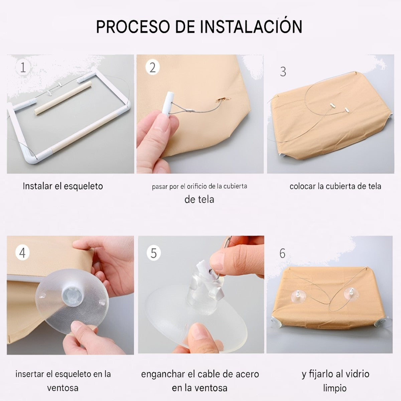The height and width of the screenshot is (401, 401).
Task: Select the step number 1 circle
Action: click(x=23, y=67)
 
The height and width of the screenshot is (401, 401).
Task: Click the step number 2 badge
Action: click(x=152, y=68)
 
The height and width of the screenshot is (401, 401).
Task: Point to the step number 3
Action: click(x=283, y=72)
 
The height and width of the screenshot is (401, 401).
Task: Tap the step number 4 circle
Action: click(x=22, y=253)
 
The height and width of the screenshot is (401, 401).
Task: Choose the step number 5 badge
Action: click(x=154, y=253)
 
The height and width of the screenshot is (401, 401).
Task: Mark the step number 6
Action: click(x=282, y=253)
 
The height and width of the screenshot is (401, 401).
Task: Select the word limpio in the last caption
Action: click(x=335, y=388)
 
